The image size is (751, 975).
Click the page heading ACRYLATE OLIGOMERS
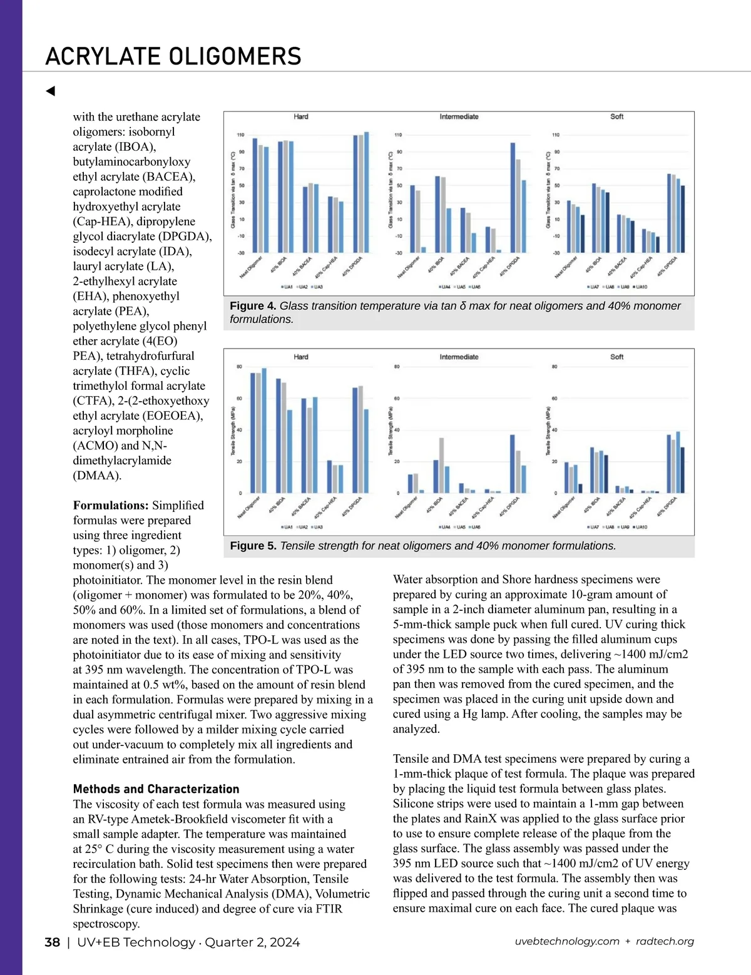tap(173, 56)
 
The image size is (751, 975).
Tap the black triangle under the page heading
tap(51, 91)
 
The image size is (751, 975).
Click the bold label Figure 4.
tap(253, 306)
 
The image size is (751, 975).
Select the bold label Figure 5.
tap(253, 546)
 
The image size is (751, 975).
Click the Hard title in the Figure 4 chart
tap(301, 116)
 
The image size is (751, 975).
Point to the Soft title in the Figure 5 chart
tap(616, 357)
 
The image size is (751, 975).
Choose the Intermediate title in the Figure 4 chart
tap(459, 116)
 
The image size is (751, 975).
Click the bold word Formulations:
tap(111, 505)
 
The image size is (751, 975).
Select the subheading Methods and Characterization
tap(156, 789)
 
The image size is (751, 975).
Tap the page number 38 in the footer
tap(53, 942)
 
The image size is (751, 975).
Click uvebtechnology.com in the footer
tap(567, 942)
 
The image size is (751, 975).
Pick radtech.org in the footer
tap(665, 942)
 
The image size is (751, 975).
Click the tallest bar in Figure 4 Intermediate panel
tap(513, 197)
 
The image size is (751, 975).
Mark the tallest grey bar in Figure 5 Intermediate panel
tap(442, 465)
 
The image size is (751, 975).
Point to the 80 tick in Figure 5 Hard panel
tap(239, 367)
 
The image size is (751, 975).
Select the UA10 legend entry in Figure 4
tap(640, 287)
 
